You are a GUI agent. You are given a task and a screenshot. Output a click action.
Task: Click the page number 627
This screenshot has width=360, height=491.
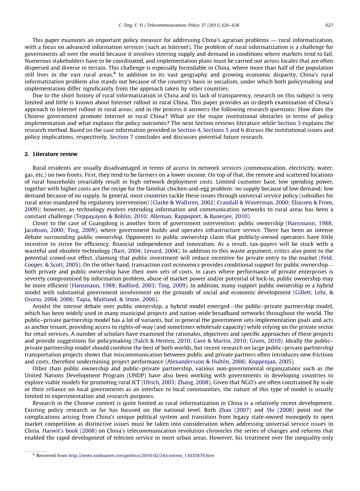point(329,25)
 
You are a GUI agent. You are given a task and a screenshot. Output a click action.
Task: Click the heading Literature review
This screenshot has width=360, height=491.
point(55,154)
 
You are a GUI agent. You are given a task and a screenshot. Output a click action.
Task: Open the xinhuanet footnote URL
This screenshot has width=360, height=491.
point(141,456)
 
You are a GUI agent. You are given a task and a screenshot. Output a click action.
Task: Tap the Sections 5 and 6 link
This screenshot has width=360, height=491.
point(224,130)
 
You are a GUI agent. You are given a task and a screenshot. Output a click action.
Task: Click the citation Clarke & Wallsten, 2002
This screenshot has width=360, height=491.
point(183,202)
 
